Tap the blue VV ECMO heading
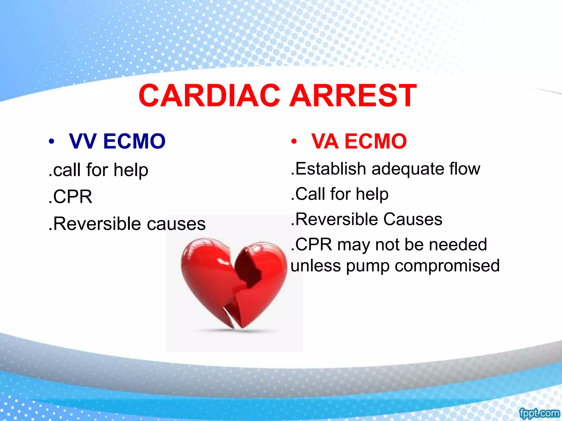click(117, 141)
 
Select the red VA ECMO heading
click(359, 141)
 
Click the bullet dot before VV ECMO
click(51, 142)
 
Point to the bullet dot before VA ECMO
click(294, 142)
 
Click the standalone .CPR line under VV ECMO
click(71, 197)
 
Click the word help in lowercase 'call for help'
click(131, 170)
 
